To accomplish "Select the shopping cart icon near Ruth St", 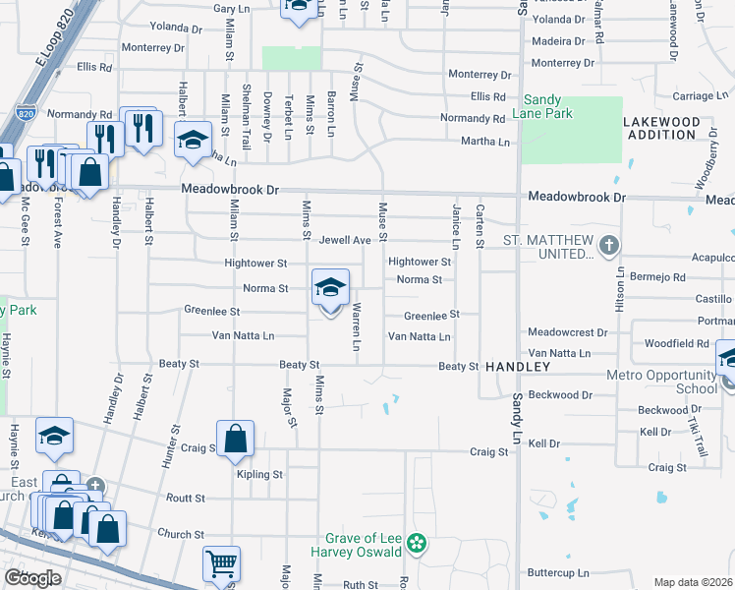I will [220, 563].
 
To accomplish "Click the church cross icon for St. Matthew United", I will [609, 244].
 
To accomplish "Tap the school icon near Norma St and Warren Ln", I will [331, 287].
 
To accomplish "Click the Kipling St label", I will [259, 474].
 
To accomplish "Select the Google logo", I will [31, 577].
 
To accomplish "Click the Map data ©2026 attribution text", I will [692, 582].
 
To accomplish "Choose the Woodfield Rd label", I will [676, 343].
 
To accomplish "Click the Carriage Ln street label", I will [699, 96].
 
